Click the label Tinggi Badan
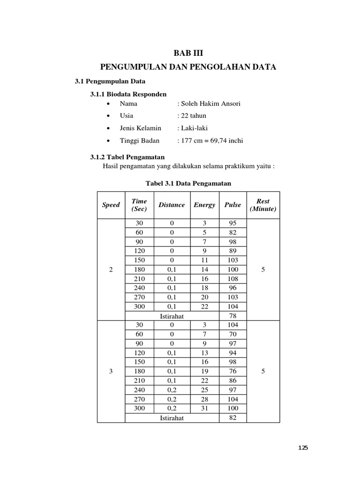140,141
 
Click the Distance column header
172,205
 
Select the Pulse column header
232,205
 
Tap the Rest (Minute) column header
263,205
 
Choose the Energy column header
204,205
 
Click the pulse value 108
232,279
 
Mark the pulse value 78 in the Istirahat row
232,316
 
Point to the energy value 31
204,409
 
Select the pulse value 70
232,334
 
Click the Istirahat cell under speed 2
172,316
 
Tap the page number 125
303,448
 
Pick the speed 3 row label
111,371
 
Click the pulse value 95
232,223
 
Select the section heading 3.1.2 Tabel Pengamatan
127,157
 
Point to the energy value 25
204,390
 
